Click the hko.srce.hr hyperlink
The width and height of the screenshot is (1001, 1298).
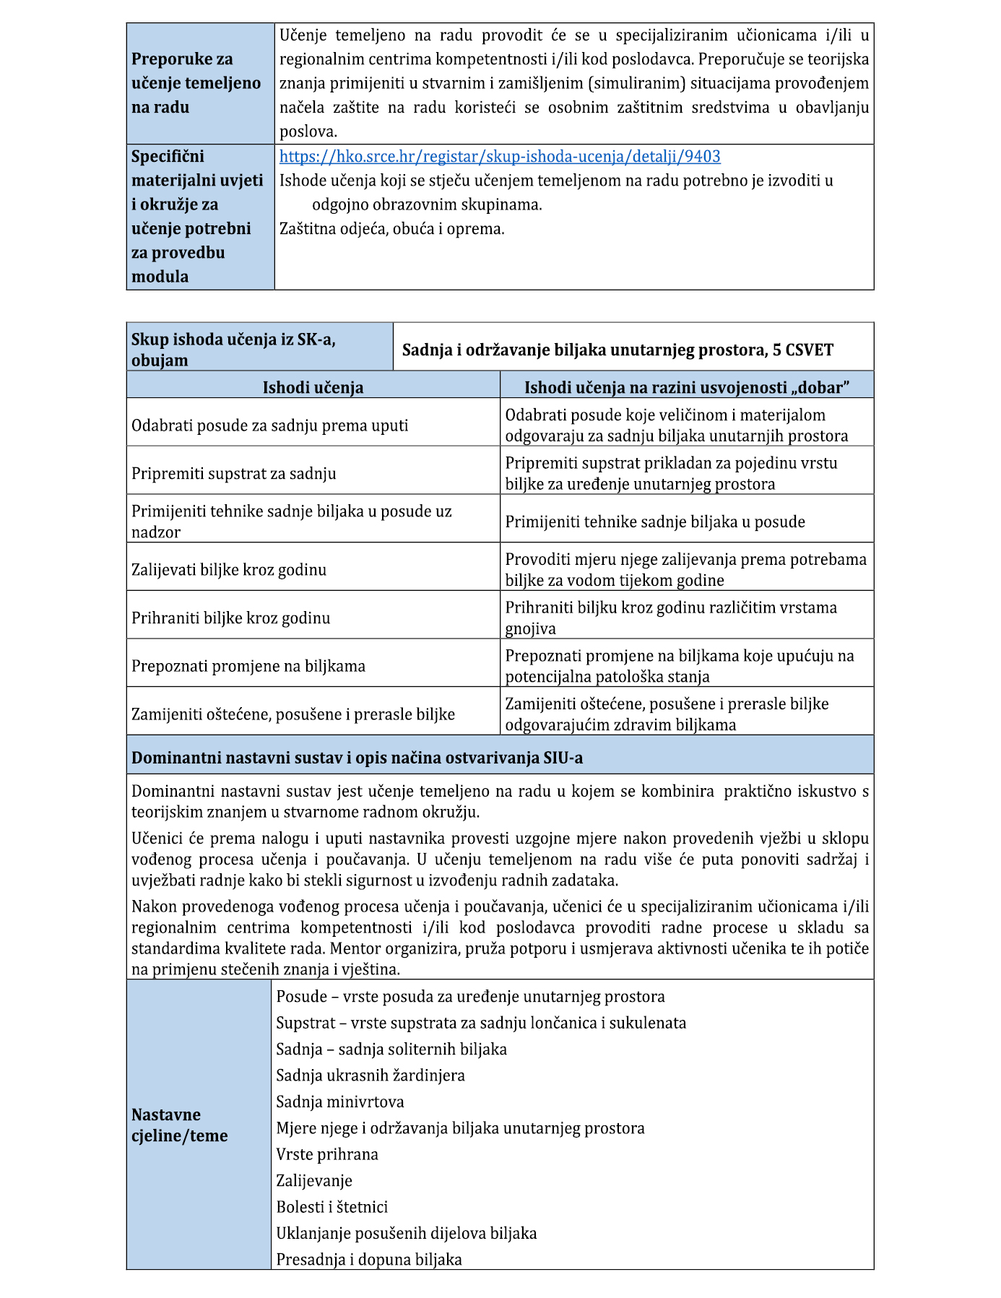coord(500,157)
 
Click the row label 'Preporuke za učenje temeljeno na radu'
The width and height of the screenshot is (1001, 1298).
coord(196,83)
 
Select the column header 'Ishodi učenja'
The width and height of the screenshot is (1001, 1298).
coord(313,388)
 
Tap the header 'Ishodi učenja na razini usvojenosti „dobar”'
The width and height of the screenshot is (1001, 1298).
coord(686,388)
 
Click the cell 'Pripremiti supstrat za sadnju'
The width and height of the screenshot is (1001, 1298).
coord(234,474)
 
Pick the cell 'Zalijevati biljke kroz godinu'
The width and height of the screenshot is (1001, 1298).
coord(229,570)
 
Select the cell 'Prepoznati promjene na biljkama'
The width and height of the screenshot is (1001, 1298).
coord(248,666)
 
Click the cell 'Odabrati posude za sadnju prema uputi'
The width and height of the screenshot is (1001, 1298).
coord(269,425)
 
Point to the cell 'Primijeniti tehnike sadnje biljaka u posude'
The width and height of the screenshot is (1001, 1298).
coord(655,522)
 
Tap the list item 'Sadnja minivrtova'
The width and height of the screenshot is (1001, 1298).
coord(340,1102)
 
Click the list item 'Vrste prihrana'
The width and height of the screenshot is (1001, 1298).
coord(327,1154)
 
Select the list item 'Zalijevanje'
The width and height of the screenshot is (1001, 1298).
coord(314,1180)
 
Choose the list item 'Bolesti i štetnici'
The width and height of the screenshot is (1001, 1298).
coord(332,1207)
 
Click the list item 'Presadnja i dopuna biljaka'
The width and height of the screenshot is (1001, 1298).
coord(369,1260)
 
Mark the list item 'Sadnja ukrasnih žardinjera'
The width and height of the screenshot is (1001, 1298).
coord(370,1076)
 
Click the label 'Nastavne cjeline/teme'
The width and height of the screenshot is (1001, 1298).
coord(180,1125)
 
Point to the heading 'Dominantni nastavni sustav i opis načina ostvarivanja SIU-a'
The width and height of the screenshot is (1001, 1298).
coord(357,758)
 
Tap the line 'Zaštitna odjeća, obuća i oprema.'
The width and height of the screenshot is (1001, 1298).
coord(392,229)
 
